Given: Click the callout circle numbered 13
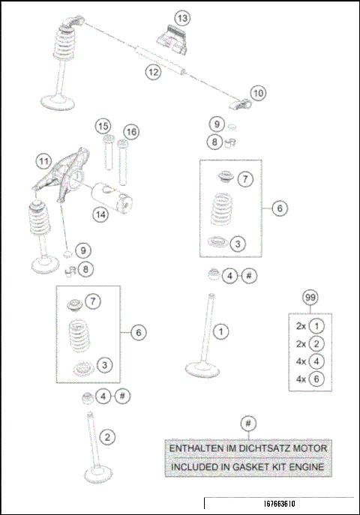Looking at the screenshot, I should click(182, 17).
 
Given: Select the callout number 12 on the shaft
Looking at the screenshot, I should click(153, 72).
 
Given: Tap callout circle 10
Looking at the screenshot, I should click(257, 93).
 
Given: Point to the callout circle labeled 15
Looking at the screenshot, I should click(103, 125).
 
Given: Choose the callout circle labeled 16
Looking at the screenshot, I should click(131, 133).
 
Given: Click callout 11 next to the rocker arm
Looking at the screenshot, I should click(45, 160).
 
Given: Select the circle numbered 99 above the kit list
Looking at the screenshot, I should click(309, 298).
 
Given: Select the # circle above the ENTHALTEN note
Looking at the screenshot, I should click(248, 424).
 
